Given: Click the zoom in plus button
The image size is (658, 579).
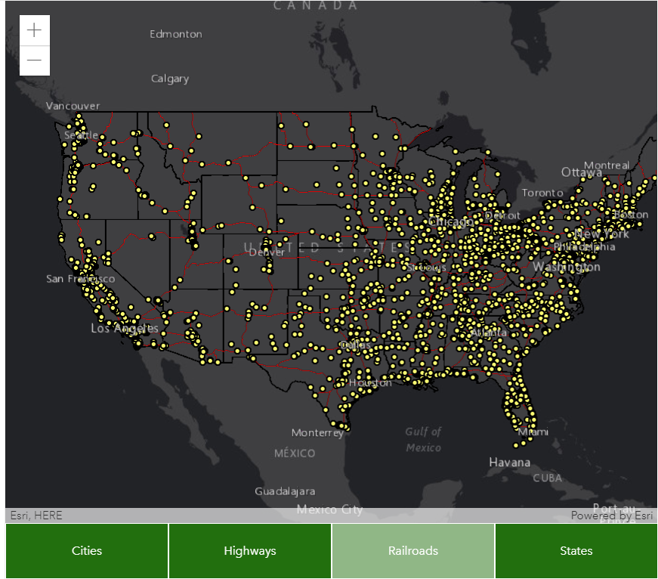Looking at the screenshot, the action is click(34, 30).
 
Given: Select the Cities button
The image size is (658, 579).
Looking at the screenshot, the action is click(87, 551).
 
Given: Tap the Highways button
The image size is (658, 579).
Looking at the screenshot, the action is click(250, 551).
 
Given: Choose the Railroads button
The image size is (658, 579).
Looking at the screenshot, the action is click(413, 551).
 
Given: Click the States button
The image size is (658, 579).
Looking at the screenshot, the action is click(576, 551).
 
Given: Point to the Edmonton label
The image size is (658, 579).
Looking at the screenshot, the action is click(175, 34).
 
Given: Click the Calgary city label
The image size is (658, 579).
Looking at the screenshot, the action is click(170, 79).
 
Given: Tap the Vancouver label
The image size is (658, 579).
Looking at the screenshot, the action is click(73, 106).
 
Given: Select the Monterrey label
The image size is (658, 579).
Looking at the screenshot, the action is click(317, 432).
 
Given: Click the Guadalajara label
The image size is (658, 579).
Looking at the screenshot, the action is click(285, 491).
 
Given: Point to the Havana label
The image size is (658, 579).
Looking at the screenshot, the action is click(509, 462).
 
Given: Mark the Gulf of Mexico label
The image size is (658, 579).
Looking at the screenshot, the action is click(423, 439).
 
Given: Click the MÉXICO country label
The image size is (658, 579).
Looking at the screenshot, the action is click(295, 453).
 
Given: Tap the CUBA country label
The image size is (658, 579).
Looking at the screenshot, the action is click(548, 478).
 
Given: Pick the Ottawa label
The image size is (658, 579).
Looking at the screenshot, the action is click(582, 172).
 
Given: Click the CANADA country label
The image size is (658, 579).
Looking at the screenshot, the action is click(316, 5).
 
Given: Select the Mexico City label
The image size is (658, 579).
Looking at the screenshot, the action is click(329, 509).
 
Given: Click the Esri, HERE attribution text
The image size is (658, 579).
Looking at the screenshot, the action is click(36, 516).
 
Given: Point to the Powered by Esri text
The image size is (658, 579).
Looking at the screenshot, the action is click(612, 516).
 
